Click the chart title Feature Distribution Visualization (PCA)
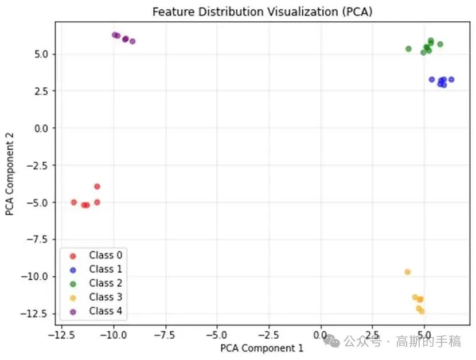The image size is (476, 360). click(262, 11)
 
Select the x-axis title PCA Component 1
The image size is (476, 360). click(262, 347)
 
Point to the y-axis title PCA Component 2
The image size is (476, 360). click(10, 174)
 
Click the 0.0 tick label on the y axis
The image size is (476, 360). click(41, 128)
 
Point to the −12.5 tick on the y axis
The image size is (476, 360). click(36, 314)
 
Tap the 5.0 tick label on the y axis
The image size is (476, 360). click(41, 54)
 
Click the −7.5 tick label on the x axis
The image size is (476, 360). click(165, 334)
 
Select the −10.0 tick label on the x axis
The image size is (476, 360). click(113, 334)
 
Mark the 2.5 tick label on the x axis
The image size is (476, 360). click(373, 334)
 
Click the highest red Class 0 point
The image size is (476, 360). click(97, 186)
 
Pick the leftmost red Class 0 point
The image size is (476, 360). click(73, 202)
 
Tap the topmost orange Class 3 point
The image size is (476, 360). click(407, 272)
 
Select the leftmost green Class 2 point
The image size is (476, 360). click(408, 49)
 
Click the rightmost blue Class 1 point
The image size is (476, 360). click(451, 80)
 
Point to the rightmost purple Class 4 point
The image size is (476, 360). click(132, 41)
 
